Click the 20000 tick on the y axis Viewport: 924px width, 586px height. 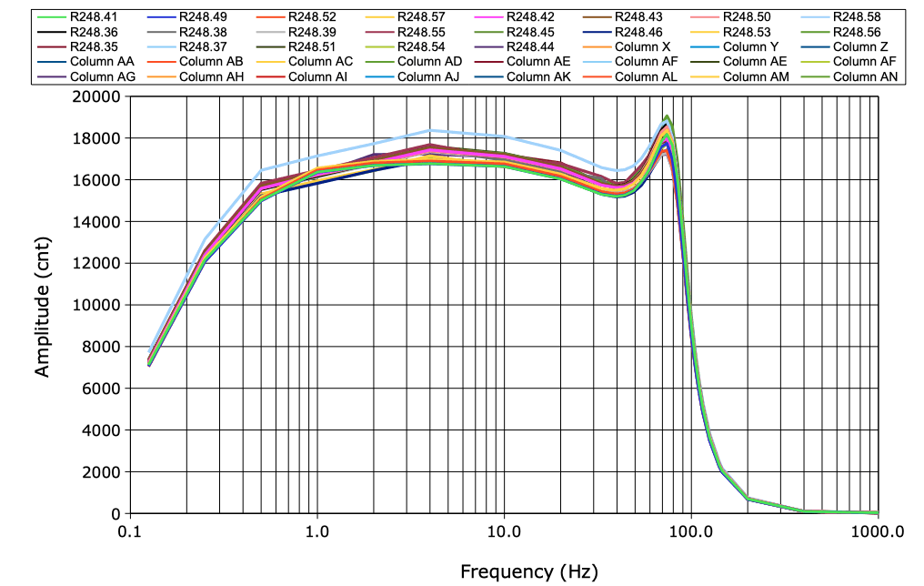pyautogui.click(x=96, y=97)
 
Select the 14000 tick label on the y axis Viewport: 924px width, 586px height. pyautogui.click(x=96, y=222)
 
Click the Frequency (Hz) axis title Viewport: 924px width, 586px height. pyautogui.click(x=529, y=571)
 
